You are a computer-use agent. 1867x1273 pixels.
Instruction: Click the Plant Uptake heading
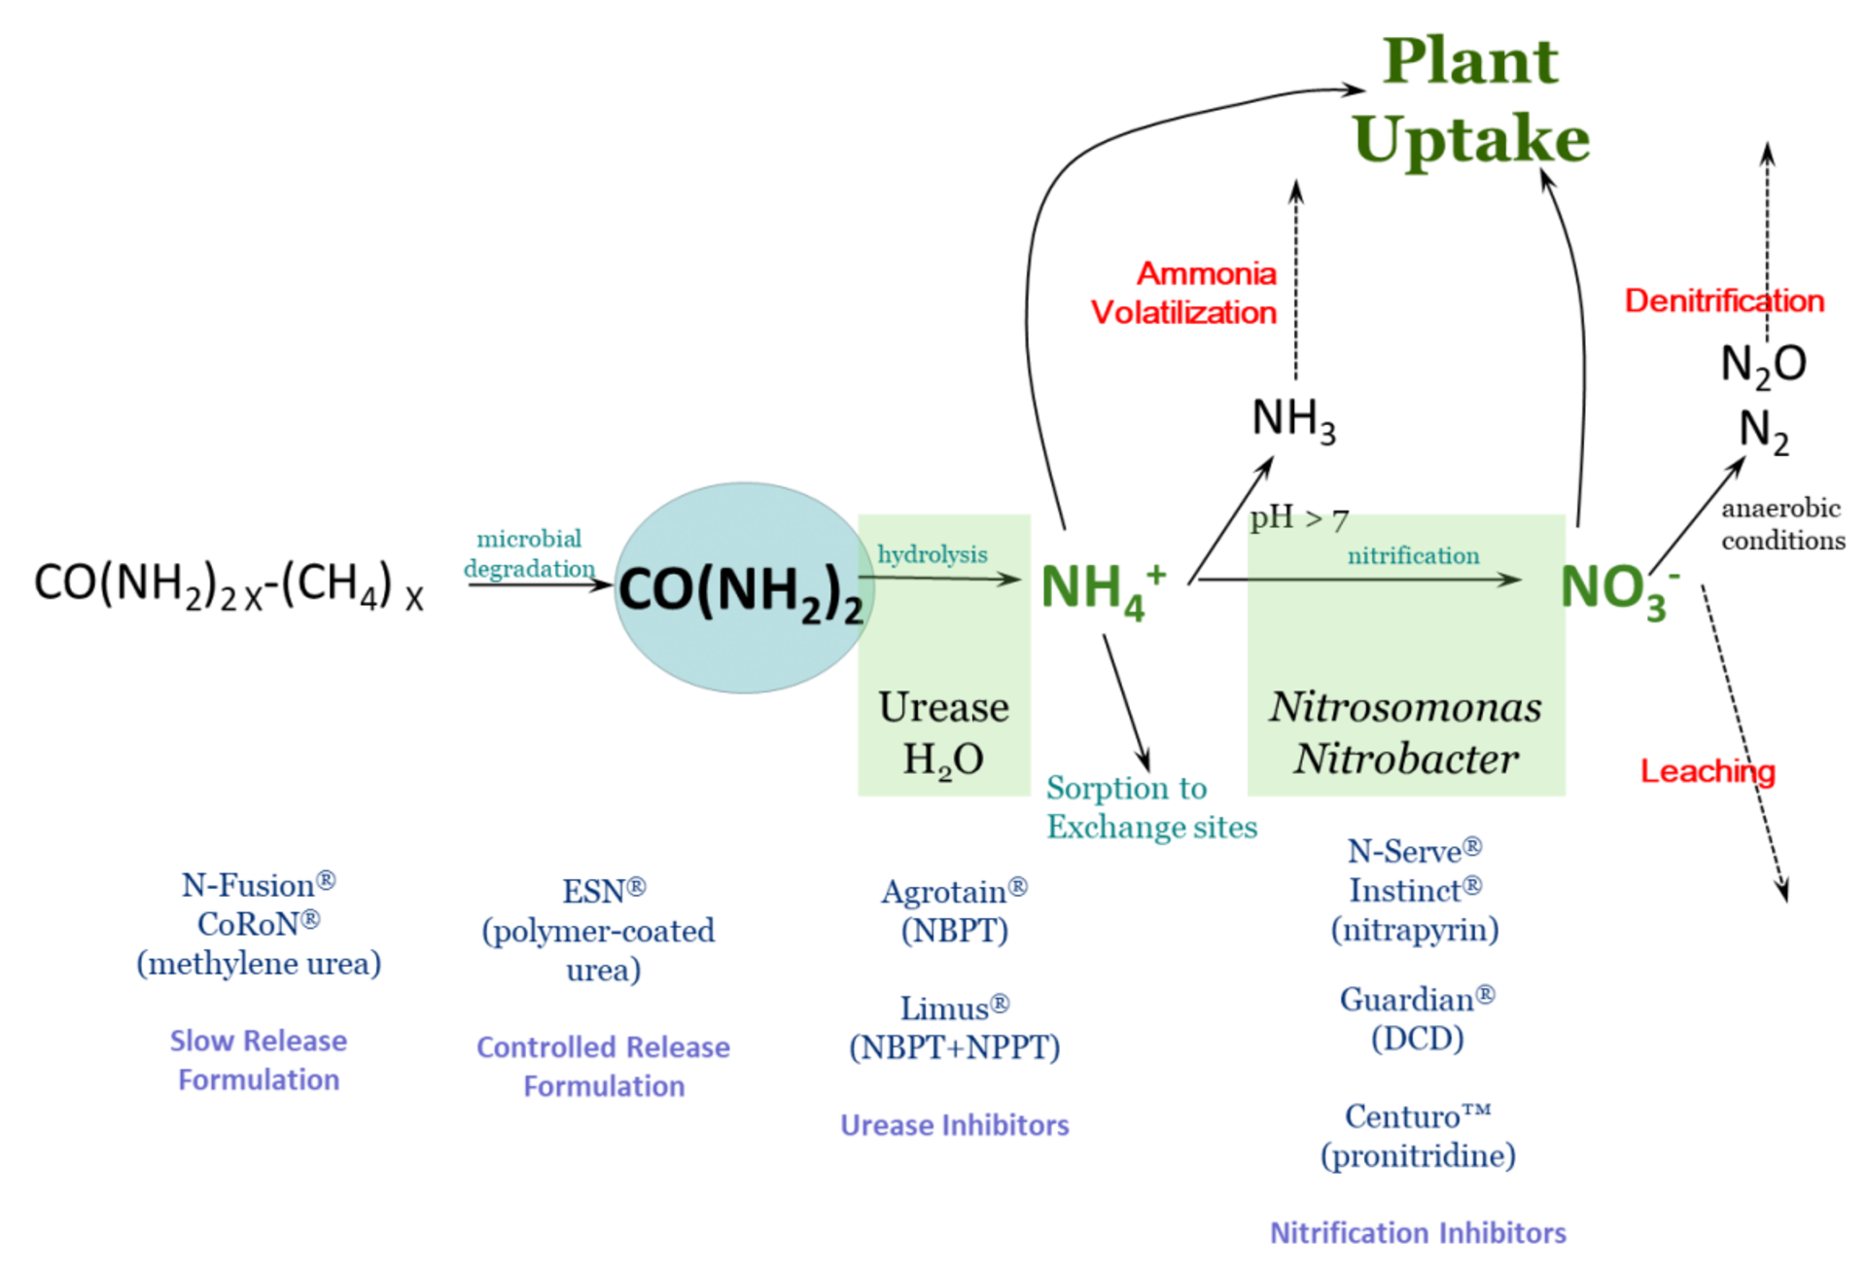[1470, 99]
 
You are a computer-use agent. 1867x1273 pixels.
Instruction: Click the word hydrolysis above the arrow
[932, 554]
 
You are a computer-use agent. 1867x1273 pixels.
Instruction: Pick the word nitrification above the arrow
[1412, 555]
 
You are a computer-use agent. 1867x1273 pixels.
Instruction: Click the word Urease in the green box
[942, 707]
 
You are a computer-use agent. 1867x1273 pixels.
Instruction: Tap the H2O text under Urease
[942, 760]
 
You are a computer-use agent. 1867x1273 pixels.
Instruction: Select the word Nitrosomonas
[1404, 707]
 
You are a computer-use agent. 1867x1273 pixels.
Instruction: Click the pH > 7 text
[1298, 520]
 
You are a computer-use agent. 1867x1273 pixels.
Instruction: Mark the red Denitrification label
[1724, 301]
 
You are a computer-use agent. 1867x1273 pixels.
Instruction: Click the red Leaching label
[1708, 770]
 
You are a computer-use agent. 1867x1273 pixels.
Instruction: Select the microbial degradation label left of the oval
[529, 553]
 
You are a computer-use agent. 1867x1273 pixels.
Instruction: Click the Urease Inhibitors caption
[954, 1125]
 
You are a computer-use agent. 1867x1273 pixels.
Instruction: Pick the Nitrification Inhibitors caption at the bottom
[1417, 1232]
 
